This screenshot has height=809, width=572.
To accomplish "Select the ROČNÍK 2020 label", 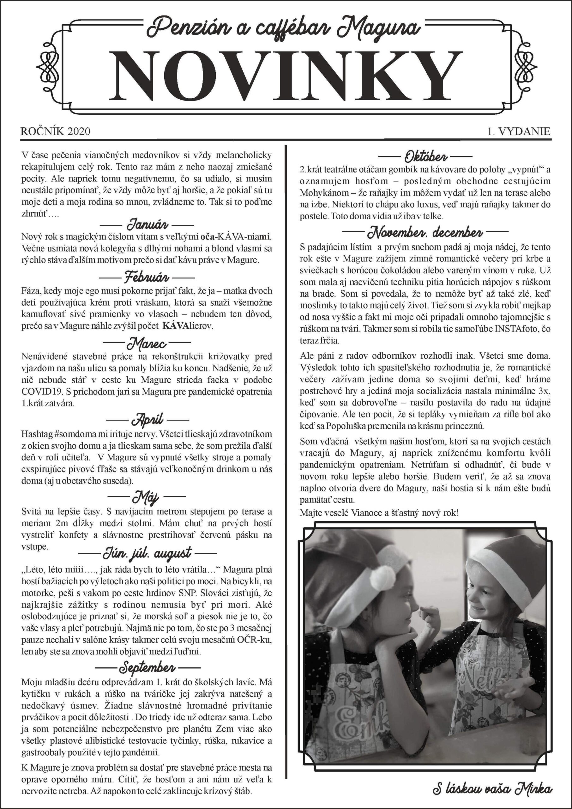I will click(x=55, y=131).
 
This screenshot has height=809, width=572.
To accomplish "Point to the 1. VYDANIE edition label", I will click(x=518, y=131).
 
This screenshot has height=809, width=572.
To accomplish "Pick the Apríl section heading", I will click(x=147, y=420).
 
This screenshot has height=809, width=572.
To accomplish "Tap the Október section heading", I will click(x=425, y=155).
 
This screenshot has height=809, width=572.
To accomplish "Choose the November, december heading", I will click(x=425, y=233).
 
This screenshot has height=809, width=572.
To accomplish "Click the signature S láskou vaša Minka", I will click(x=492, y=789).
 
